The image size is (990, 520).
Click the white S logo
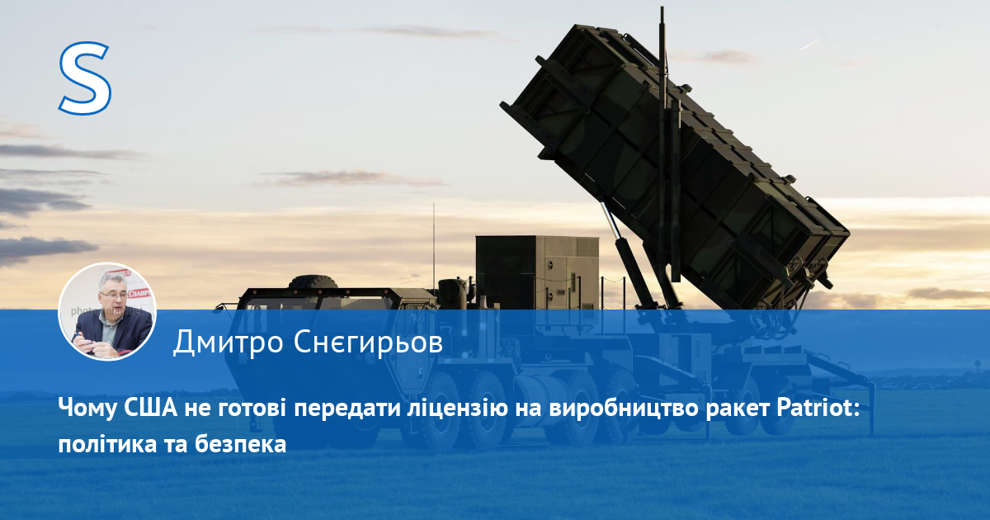click(x=84, y=78)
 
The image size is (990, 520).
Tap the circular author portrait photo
click(x=107, y=311)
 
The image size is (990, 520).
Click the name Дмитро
click(x=228, y=343)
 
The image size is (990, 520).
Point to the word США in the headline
click(x=150, y=408)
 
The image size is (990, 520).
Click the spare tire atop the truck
click(x=313, y=281)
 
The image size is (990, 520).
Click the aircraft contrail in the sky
click(x=812, y=43)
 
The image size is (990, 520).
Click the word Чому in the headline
click(x=87, y=409)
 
